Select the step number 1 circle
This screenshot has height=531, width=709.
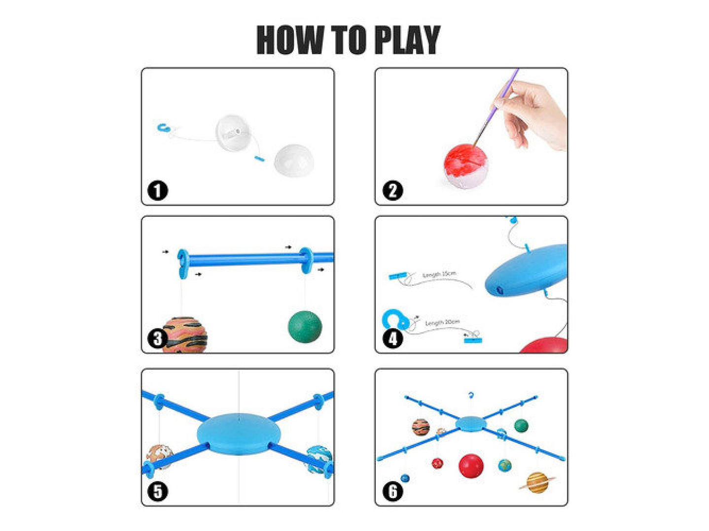(158, 190)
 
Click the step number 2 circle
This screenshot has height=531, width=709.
(392, 190)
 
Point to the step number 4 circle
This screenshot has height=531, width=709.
(392, 338)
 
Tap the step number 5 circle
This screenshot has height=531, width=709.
(158, 491)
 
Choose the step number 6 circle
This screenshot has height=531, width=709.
(392, 491)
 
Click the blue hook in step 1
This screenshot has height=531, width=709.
(163, 128)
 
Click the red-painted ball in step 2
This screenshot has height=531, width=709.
(465, 166)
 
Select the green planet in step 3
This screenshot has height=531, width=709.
(305, 326)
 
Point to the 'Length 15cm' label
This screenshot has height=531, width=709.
(439, 274)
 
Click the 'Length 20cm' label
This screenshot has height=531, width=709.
(442, 323)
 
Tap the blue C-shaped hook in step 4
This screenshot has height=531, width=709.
(394, 319)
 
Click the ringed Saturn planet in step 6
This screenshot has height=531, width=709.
(537, 482)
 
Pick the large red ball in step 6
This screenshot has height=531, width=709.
(471, 465)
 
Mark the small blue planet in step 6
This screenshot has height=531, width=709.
(405, 478)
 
